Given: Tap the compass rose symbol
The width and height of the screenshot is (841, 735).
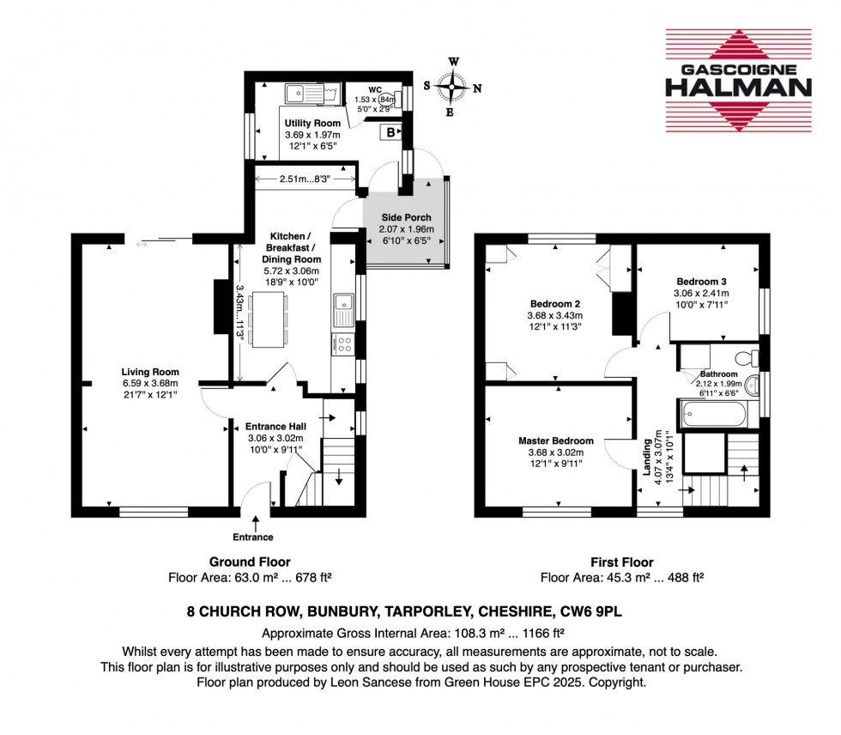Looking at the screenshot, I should point(453,87).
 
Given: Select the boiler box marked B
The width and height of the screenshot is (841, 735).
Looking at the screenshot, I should point(391,133).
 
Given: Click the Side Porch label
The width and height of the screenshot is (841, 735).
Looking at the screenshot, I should point(407,218).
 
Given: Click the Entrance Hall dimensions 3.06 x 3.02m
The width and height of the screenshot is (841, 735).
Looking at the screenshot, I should point(269,436).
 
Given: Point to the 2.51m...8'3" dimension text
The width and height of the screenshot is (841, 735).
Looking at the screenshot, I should point(306,179).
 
